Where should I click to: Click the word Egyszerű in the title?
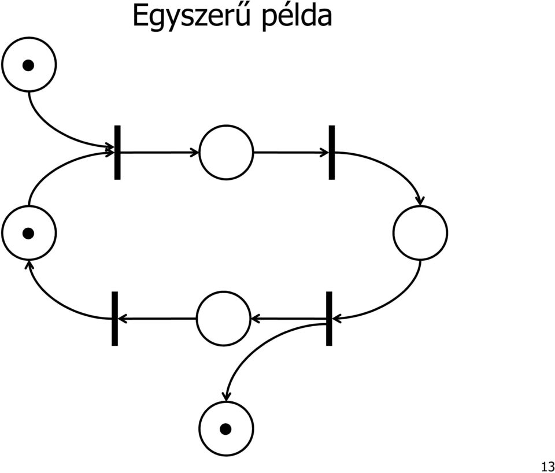click(191, 16)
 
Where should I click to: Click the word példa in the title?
click(297, 16)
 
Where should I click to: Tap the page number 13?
click(548, 465)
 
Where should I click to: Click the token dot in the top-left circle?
click(28, 65)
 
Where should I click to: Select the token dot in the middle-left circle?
click(28, 233)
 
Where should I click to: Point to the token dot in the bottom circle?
click(226, 429)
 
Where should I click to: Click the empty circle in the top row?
click(226, 125)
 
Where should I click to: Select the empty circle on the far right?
click(420, 206)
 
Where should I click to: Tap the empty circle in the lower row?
click(223, 292)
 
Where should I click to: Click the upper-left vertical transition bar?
click(117, 153)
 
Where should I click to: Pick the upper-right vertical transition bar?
click(332, 153)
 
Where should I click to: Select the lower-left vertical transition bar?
click(114, 319)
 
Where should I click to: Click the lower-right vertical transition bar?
click(329, 319)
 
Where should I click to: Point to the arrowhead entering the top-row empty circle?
click(195, 153)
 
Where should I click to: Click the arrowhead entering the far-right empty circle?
click(420, 201)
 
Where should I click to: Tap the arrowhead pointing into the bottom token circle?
click(226, 397)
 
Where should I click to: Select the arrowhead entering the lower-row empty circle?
click(255, 319)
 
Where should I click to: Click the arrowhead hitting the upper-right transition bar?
click(324, 153)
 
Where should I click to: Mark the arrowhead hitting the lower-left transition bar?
click(123, 319)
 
